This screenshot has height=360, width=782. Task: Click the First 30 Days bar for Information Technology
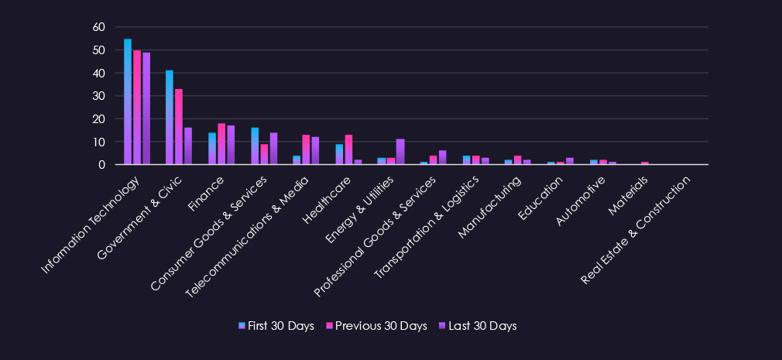click(x=128, y=101)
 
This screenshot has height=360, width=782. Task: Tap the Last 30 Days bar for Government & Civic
click(x=188, y=146)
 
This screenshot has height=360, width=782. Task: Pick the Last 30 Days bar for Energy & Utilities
click(x=400, y=152)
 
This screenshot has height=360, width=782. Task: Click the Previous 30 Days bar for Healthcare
click(x=348, y=149)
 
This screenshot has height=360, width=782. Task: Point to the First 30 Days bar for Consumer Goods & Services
click(x=255, y=146)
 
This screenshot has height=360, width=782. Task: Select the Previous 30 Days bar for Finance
click(x=221, y=144)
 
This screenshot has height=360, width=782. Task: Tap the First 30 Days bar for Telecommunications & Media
click(x=297, y=160)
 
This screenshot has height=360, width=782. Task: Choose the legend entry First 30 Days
click(x=276, y=326)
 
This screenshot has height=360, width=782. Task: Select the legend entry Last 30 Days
click(x=477, y=326)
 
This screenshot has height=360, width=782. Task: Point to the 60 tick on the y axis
click(x=98, y=27)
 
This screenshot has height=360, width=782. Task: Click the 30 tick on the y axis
click(x=98, y=96)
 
